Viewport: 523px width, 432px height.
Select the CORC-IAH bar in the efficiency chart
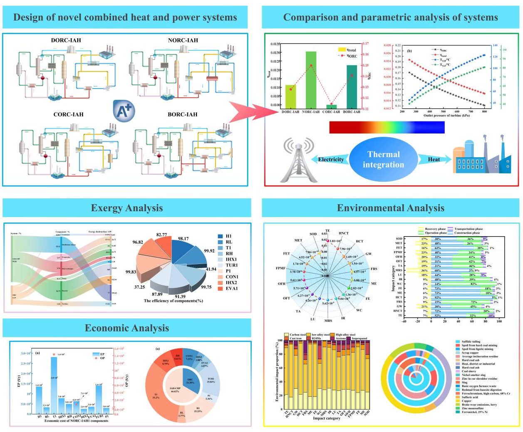[x=331, y=107]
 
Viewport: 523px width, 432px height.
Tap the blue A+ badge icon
[x=124, y=111]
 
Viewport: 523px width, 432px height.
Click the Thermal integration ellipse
[x=383, y=160]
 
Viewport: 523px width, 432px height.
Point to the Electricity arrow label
[x=331, y=160]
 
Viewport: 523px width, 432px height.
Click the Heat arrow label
[x=434, y=159]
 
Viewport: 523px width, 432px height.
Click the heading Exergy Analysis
[x=127, y=208]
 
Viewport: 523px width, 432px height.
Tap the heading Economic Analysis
[x=127, y=328]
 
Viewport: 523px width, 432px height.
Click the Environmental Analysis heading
[x=390, y=208]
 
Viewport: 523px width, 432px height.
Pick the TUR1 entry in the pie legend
[x=231, y=265]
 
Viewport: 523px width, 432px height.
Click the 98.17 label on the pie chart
[x=183, y=239]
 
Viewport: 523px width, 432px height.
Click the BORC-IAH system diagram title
[x=182, y=114]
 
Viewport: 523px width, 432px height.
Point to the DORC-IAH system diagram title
[x=66, y=40]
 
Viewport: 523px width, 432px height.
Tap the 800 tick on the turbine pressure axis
[x=484, y=111]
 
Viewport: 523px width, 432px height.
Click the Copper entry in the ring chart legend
[x=466, y=401]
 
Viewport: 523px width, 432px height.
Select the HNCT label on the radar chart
[x=344, y=233]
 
